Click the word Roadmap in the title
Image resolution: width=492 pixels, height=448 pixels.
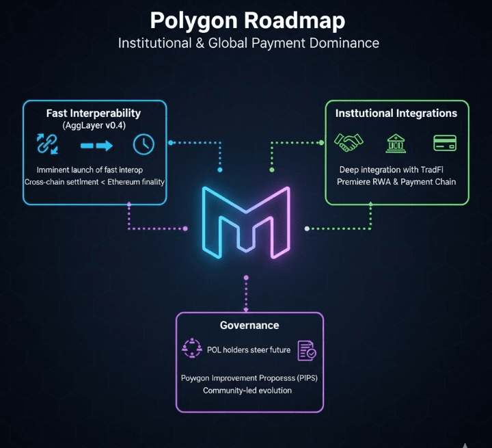coord(295,21)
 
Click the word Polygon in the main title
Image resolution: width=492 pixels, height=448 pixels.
coord(194,21)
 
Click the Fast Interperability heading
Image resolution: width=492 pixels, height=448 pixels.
coord(94,113)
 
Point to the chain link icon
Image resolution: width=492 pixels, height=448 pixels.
coord(47,144)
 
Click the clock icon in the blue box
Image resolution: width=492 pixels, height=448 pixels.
coord(143,144)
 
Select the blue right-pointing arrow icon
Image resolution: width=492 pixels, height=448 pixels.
coord(95,145)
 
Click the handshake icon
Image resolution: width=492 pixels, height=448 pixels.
coord(348,143)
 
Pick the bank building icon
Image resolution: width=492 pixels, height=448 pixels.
coord(396,143)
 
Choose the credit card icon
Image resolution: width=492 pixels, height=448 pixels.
coord(445,143)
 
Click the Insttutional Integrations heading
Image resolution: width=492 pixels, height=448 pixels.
coord(396,113)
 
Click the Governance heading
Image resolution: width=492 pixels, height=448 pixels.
coord(249,326)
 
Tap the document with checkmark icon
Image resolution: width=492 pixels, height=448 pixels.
coord(306,350)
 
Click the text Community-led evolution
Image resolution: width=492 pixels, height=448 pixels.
coord(247,391)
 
